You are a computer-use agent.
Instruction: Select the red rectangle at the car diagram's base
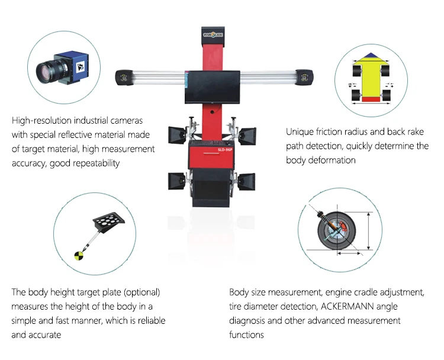[x=371, y=99]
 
